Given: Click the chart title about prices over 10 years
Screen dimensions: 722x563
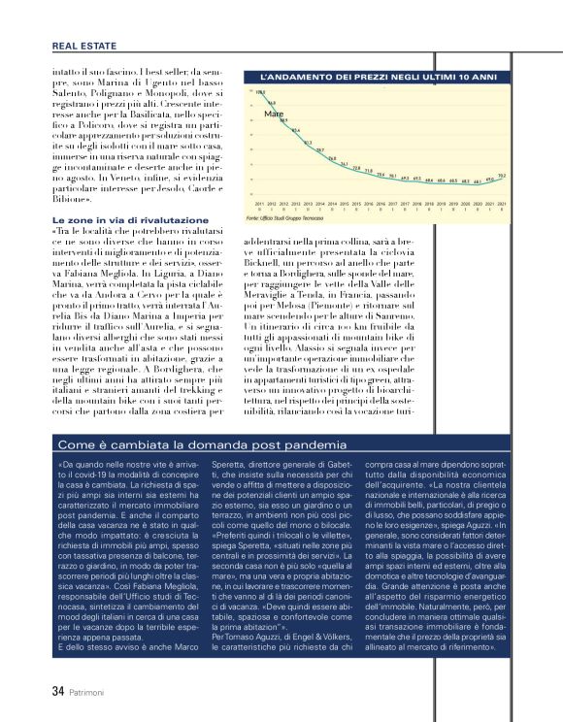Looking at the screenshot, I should point(379,75).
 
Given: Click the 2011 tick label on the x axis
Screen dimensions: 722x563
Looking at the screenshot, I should point(259,205).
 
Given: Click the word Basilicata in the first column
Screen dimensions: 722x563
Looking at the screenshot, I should point(175,112).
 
